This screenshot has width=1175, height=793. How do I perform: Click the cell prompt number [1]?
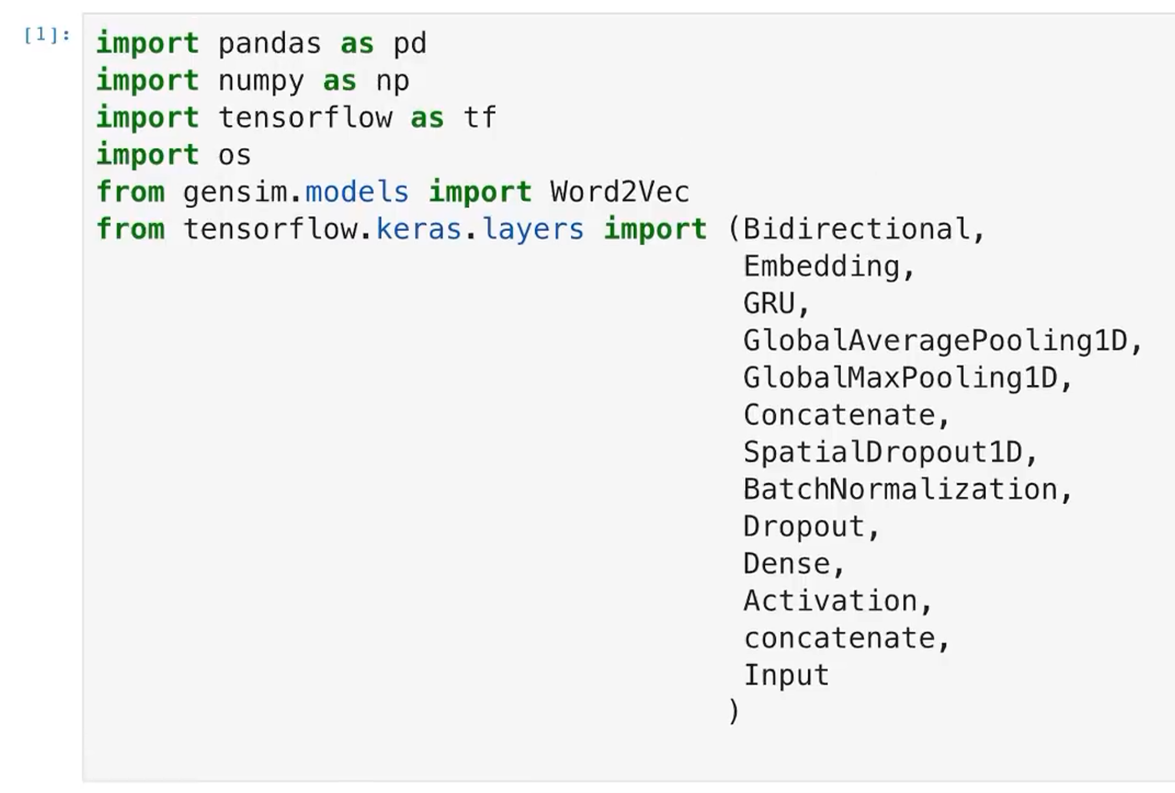[47, 36]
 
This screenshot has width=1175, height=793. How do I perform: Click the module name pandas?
[269, 44]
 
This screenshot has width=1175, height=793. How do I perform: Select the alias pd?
[410, 44]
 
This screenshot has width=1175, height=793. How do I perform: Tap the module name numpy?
[261, 81]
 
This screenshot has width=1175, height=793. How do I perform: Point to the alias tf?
[480, 118]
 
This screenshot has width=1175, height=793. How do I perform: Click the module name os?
[235, 155]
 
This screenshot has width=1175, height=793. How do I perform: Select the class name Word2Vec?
[620, 192]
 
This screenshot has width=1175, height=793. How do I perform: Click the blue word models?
[357, 192]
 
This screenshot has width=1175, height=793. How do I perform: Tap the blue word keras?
[418, 229]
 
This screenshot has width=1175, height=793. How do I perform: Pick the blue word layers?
[533, 229]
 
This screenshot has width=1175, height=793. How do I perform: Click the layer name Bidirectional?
[856, 229]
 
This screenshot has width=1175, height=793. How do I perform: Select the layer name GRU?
[769, 304]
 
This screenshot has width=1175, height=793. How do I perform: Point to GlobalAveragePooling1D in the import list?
[935, 341]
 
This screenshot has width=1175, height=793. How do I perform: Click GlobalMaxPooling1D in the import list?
[900, 378]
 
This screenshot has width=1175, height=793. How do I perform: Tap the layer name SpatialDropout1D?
[883, 452]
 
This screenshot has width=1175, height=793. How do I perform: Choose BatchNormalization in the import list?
[900, 490]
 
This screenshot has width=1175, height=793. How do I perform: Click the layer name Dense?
[786, 564]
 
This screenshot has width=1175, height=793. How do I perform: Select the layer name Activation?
[830, 601]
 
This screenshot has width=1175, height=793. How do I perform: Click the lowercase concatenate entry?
[839, 638]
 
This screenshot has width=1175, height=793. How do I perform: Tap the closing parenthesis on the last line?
[734, 712]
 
